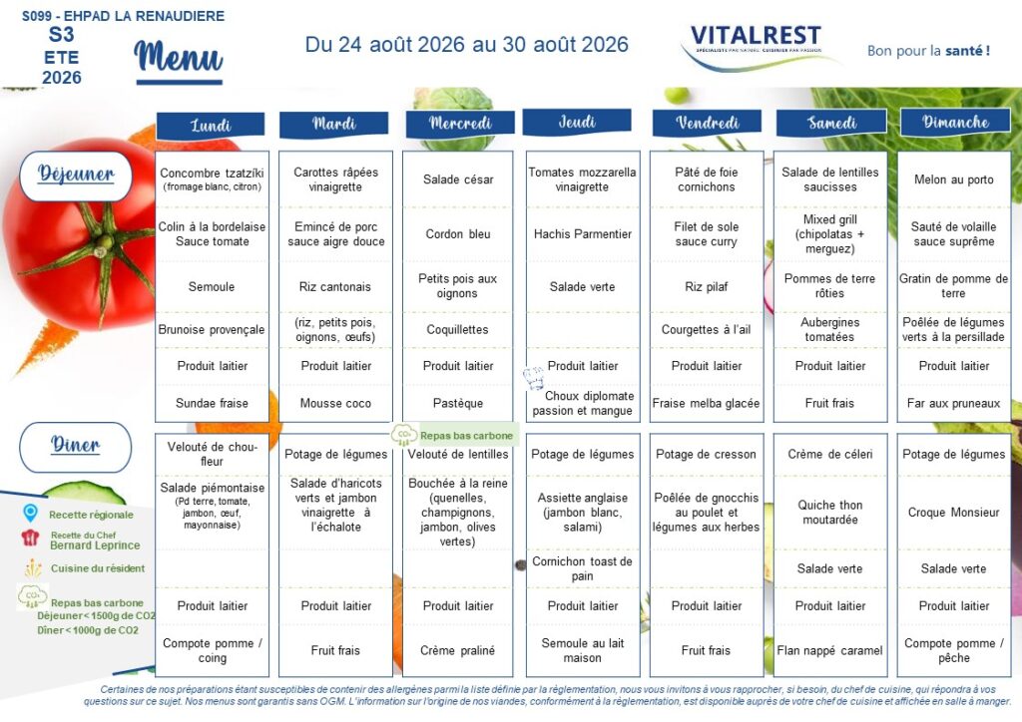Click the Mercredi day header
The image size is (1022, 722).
pyautogui.click(x=460, y=123)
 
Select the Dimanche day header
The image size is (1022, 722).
pyautogui.click(x=955, y=123)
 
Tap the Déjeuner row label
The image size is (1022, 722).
pyautogui.click(x=76, y=176)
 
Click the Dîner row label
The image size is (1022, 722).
pyautogui.click(x=76, y=447)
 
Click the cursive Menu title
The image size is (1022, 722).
pyautogui.click(x=179, y=59)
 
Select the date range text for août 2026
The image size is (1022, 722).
pyautogui.click(x=467, y=44)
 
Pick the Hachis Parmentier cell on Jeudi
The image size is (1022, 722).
pyautogui.click(x=583, y=234)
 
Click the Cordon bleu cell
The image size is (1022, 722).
pyautogui.click(x=458, y=234)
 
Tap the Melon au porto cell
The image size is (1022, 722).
pyautogui.click(x=953, y=180)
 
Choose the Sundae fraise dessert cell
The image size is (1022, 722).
pyautogui.click(x=212, y=403)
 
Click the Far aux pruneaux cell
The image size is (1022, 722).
pyautogui.click(x=953, y=403)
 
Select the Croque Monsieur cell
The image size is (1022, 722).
pyautogui.click(x=953, y=513)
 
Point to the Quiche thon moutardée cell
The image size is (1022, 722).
pyautogui.click(x=830, y=513)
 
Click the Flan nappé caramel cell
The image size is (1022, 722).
pyautogui.click(x=829, y=650)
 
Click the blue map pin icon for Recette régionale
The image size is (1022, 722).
pyautogui.click(x=30, y=513)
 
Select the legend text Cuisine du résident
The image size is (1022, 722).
pyautogui.click(x=98, y=568)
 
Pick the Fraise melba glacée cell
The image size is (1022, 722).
pyautogui.click(x=706, y=403)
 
